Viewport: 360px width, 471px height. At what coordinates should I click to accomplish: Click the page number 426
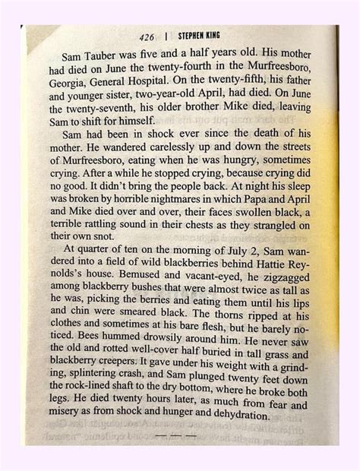pos(148,36)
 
